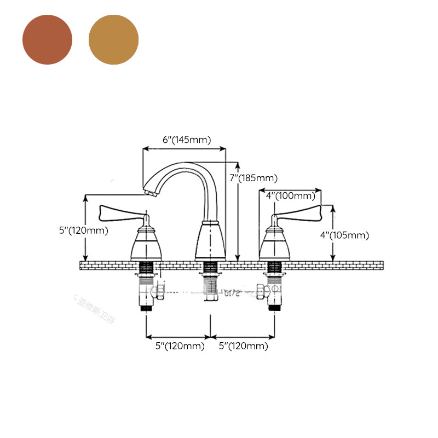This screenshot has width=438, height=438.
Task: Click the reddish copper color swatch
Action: point(47,39)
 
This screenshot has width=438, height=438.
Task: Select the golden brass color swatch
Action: point(113,39)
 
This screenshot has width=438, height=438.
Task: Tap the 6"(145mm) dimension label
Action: point(186,140)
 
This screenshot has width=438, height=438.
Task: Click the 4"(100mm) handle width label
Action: point(290,195)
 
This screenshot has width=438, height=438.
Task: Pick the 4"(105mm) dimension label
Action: point(344,235)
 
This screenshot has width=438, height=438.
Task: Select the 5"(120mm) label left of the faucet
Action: point(83,230)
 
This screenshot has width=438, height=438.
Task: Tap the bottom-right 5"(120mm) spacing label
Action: point(243,346)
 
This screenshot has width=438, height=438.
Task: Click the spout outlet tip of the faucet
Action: point(151,191)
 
